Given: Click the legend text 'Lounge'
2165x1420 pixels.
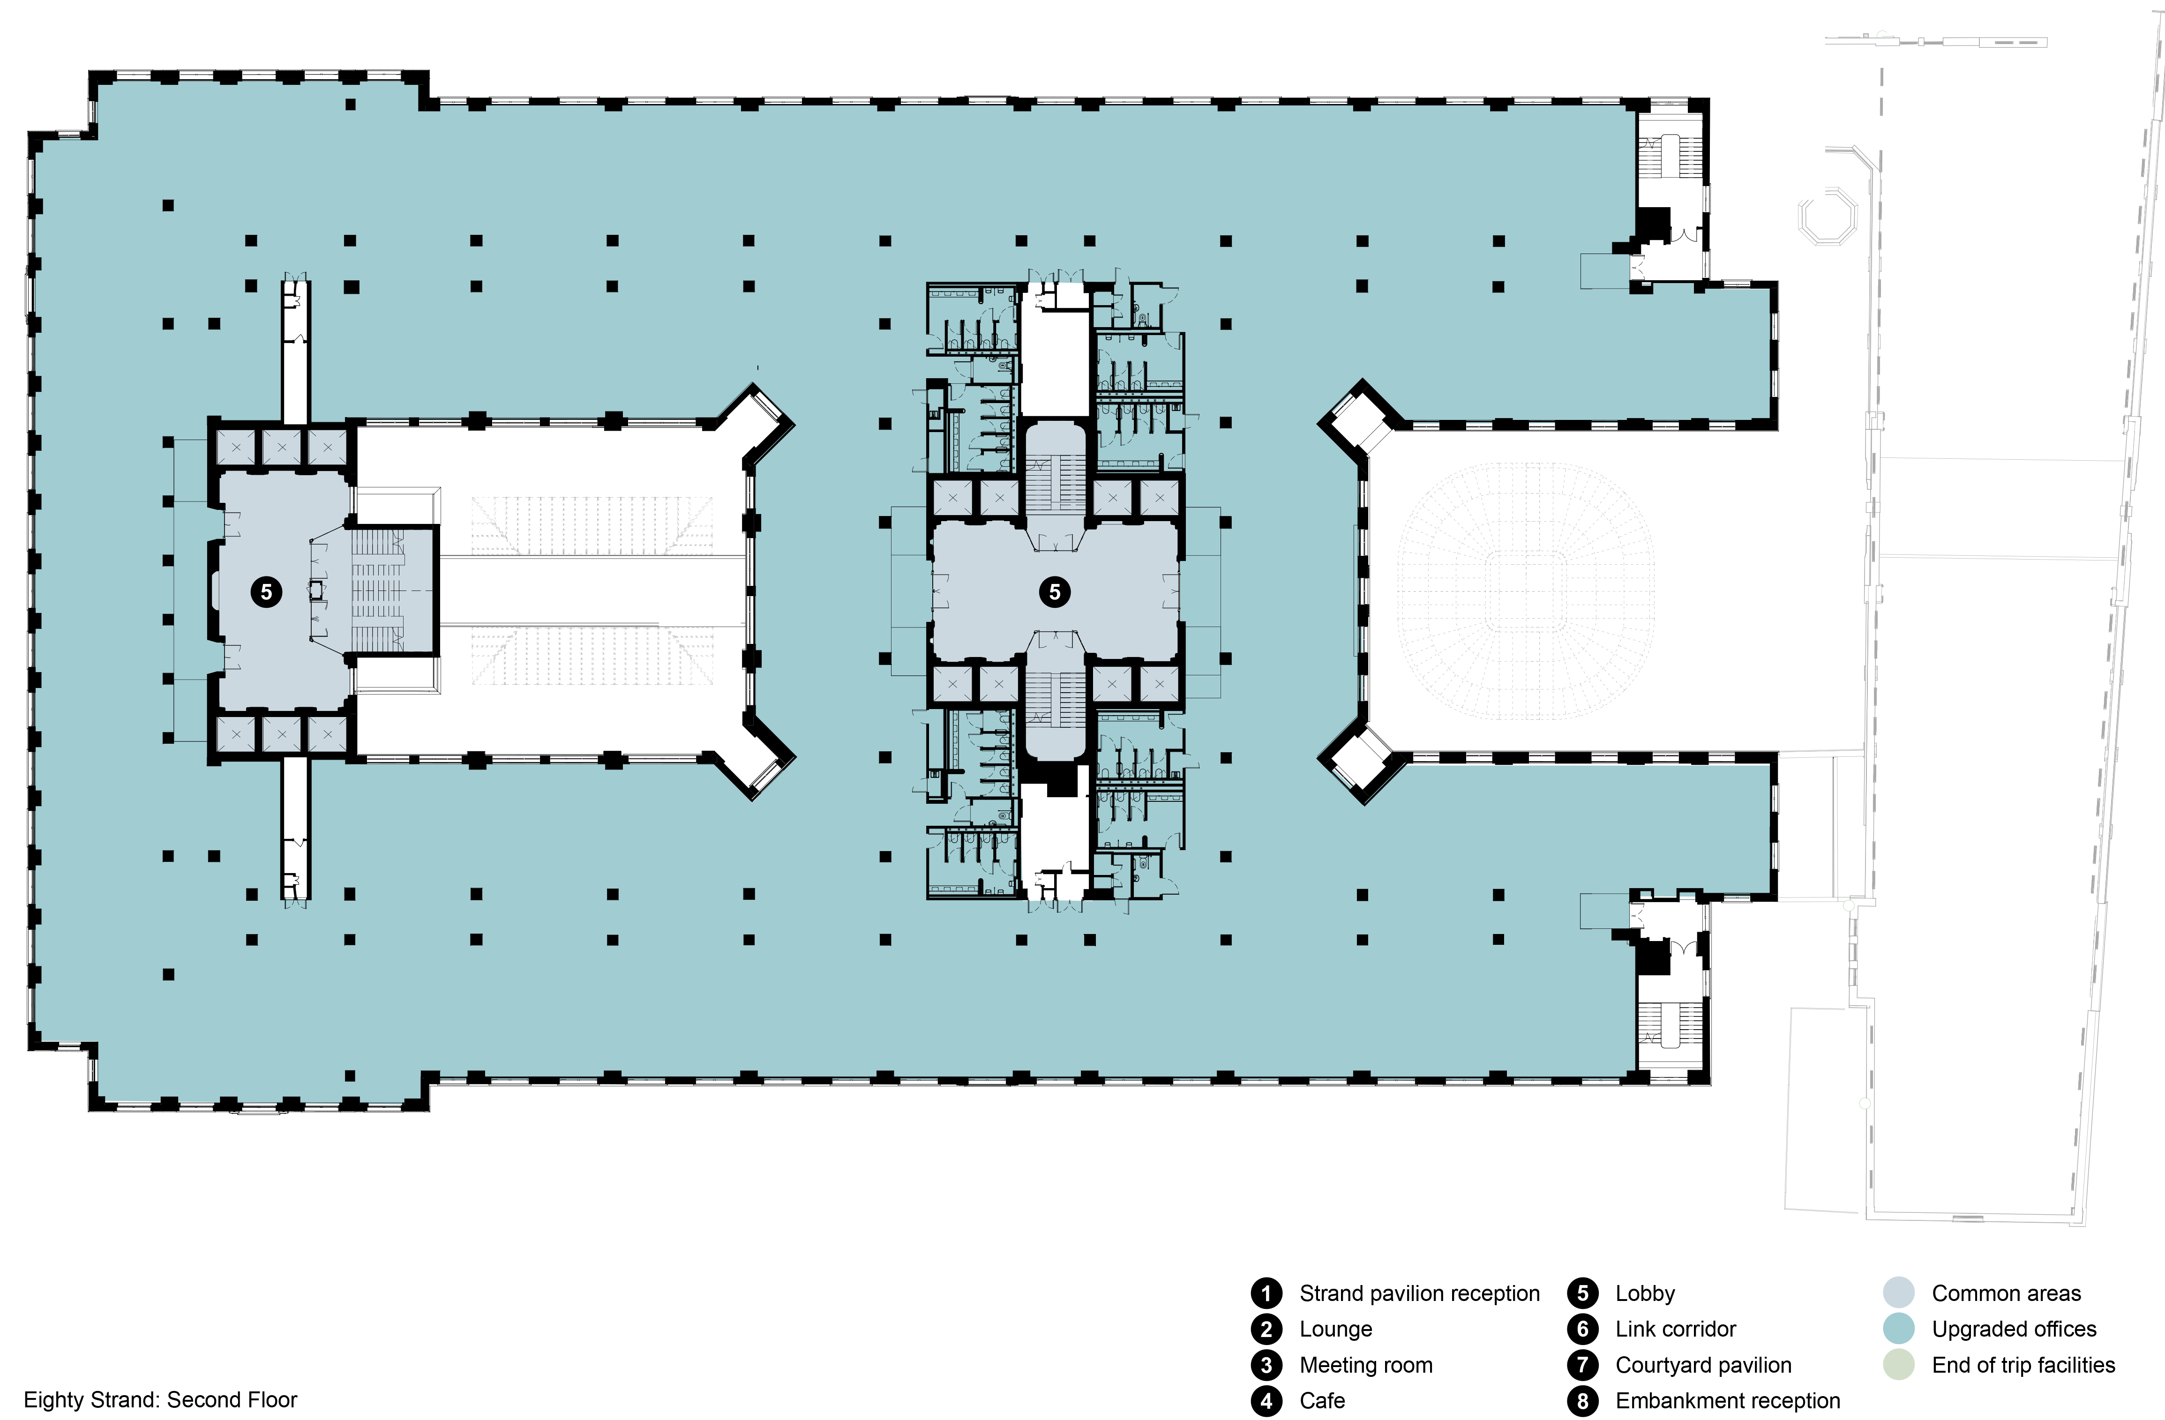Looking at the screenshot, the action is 1335,1329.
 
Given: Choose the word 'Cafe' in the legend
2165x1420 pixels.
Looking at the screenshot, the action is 1322,1401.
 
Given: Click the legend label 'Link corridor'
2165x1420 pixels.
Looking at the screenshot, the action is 1676,1329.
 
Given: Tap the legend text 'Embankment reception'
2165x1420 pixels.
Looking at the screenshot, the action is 1727,1401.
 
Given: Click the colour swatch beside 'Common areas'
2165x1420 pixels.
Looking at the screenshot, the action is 1898,1293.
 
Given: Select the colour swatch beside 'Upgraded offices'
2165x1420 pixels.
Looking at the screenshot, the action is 1898,1329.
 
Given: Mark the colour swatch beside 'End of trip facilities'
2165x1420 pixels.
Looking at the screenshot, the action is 1898,1365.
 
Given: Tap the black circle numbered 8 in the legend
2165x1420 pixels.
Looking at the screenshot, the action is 1583,1401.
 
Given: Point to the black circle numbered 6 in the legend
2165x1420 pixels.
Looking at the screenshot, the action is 1583,1329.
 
